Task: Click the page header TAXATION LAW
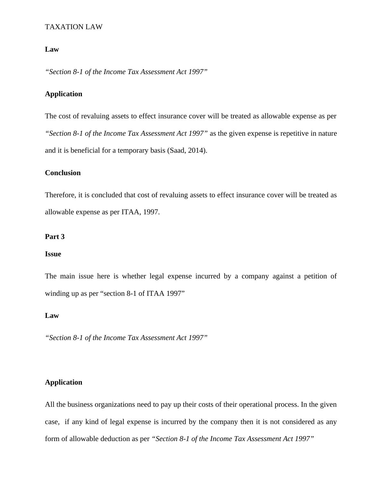point(74,27)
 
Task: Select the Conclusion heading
point(63,173)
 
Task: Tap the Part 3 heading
point(55,237)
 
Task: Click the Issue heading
point(53,254)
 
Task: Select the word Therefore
point(60,195)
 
